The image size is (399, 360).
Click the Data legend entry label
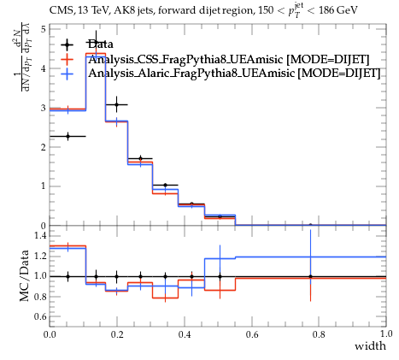pos(101,44)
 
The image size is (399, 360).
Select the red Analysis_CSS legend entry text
pos(229,59)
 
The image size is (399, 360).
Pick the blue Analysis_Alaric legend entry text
pos(234,73)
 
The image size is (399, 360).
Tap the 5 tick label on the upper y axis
pos(44,29)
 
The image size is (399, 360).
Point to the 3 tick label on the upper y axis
pos(44,108)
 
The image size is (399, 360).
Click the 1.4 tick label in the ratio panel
pos(40,235)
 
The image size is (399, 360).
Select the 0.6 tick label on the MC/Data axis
pos(40,316)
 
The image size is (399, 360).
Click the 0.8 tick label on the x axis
pos(319,333)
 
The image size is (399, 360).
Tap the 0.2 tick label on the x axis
pos(117,333)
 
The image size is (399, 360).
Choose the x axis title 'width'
pos(370,346)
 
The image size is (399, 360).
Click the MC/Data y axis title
pos(25,276)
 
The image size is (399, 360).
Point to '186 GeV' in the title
pos(338,11)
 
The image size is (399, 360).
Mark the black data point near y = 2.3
pos(67,136)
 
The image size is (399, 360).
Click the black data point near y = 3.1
pos(116,104)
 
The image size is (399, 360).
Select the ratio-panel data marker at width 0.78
pos(310,276)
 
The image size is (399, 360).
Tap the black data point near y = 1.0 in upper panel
pos(165,186)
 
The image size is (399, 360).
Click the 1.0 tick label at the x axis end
pos(386,333)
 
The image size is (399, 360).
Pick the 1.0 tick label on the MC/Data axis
pos(40,276)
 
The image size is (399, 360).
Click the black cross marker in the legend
pos(67,44)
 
